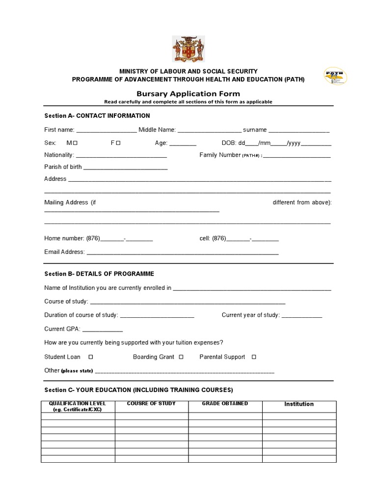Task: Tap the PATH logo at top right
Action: point(336,78)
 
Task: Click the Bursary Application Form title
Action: point(188,93)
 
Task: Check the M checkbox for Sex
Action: point(76,143)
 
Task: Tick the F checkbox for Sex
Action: point(118,143)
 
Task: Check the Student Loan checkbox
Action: point(90,357)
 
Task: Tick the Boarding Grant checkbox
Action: point(181,357)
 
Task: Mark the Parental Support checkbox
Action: point(254,357)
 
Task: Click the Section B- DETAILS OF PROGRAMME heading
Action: point(99,274)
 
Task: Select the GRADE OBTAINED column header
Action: point(225,404)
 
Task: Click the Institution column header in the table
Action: point(299,404)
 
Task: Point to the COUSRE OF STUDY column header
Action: point(151,404)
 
